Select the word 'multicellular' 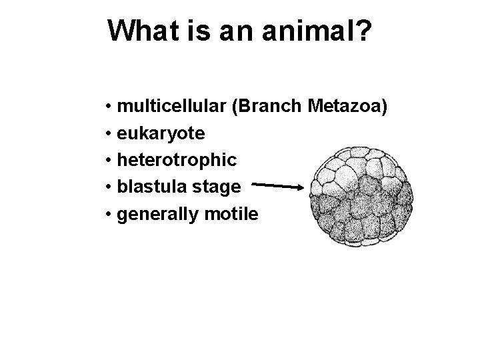[171, 107]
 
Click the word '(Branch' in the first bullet [268, 107]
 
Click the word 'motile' [231, 214]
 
